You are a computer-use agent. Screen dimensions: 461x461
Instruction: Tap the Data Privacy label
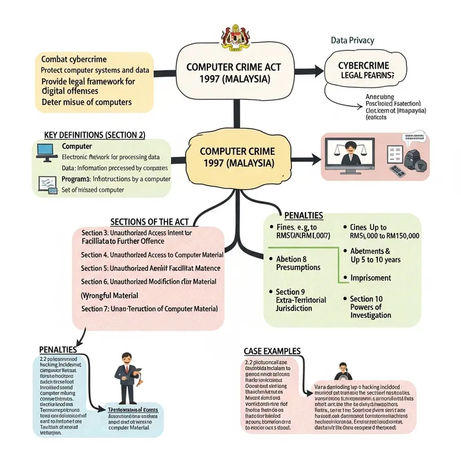[352, 40]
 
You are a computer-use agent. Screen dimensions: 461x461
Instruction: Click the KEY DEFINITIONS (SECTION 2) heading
[95, 135]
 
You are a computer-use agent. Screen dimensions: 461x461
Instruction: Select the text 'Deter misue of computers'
[86, 102]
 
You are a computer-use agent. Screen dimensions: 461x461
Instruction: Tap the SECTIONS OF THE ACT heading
[148, 222]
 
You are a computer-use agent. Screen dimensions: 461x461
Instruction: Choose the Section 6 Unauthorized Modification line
[149, 281]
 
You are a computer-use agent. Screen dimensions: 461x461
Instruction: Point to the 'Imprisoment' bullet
[371, 278]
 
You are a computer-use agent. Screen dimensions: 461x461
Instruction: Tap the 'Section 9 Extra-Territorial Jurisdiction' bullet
[300, 300]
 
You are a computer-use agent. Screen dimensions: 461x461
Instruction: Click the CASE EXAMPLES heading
[271, 350]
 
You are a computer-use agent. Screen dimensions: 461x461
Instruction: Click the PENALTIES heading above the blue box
[58, 350]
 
